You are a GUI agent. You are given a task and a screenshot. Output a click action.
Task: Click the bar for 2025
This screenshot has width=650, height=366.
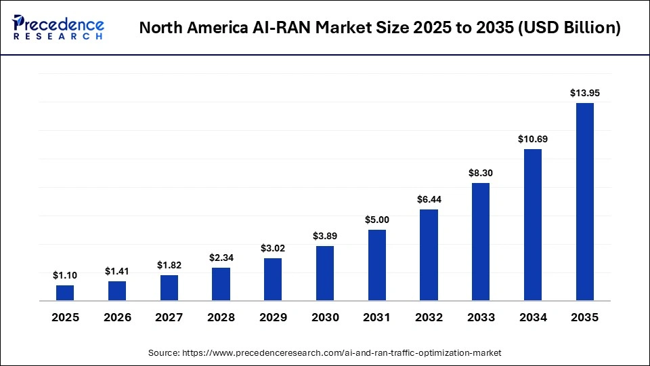(x=65, y=293)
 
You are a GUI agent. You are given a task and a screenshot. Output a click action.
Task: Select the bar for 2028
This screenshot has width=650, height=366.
(x=221, y=284)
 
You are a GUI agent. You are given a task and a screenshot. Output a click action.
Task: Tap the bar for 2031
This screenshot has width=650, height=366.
(x=376, y=265)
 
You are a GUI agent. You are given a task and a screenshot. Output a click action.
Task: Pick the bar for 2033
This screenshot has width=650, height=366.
(x=481, y=241)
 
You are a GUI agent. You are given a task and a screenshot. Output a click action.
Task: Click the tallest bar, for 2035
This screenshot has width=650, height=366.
(x=584, y=201)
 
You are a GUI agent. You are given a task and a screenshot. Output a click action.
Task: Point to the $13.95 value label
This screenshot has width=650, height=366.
(x=584, y=92)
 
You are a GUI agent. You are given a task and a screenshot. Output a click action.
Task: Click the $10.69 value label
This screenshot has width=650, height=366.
(x=532, y=138)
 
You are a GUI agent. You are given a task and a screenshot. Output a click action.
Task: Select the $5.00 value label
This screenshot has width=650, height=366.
(x=376, y=219)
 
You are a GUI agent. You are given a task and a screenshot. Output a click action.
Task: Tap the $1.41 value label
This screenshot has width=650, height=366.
(x=117, y=270)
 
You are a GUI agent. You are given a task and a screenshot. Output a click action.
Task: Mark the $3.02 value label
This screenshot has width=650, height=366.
(x=273, y=248)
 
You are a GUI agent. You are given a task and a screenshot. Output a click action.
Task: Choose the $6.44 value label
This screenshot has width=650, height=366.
(x=429, y=199)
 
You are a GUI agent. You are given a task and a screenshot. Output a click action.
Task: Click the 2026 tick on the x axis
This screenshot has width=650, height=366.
(x=117, y=317)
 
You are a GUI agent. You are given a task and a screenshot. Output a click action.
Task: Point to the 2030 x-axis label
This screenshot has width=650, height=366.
(x=325, y=317)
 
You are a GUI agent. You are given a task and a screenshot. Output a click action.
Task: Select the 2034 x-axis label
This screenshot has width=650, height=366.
(x=532, y=317)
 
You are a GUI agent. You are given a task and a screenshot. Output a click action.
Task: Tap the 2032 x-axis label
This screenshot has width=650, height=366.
(x=429, y=317)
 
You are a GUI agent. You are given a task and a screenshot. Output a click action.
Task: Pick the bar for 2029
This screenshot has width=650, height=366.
(x=273, y=279)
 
